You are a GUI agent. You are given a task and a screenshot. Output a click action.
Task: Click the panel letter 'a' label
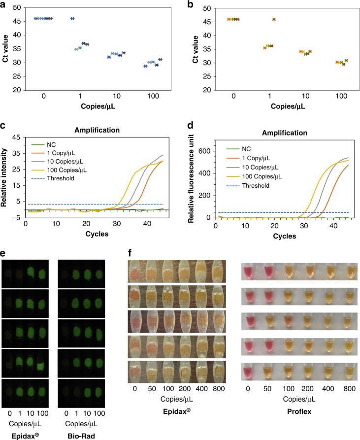point(4,4)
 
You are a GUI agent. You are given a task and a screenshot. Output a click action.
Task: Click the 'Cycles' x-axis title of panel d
point(282,236)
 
